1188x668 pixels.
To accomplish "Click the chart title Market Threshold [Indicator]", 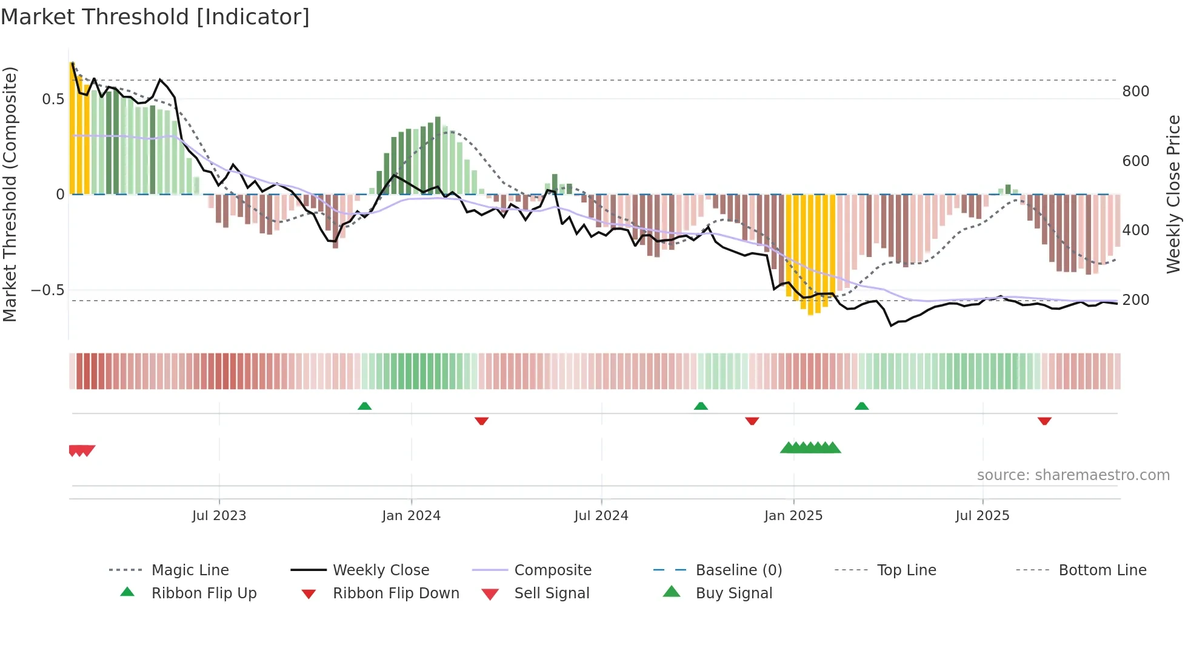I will (x=155, y=17).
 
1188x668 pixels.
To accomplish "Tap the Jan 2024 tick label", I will (x=411, y=516).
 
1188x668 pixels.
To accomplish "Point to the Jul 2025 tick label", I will (x=983, y=516).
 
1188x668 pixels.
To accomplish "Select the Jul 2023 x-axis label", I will (x=219, y=516).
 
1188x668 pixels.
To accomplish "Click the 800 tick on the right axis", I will (x=1135, y=92).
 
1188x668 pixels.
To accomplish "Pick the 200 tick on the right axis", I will (x=1135, y=300).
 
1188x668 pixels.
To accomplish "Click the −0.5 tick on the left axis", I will (x=47, y=290).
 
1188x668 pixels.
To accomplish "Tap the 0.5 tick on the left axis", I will (x=53, y=99).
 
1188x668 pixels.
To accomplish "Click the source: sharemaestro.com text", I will (x=1073, y=475).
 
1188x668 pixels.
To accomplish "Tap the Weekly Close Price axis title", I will (x=1173, y=194).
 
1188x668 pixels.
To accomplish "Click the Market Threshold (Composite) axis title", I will (x=10, y=194).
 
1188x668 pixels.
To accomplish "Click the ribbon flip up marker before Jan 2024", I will (x=364, y=406).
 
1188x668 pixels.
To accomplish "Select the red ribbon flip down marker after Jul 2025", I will (x=1044, y=421).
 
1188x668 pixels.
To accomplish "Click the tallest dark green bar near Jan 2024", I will (x=438, y=155).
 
